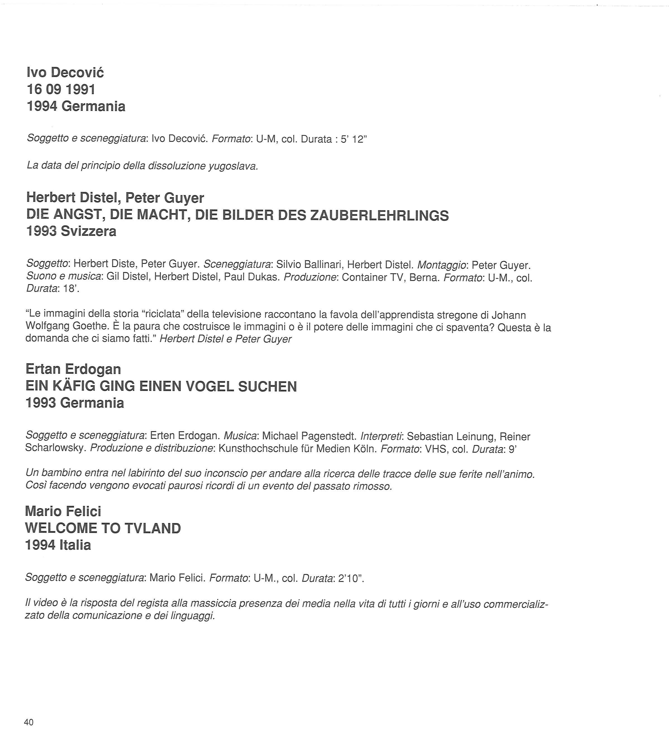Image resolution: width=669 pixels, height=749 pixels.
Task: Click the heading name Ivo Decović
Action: tap(65, 72)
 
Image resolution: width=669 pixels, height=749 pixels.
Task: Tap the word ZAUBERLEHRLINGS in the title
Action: tap(379, 215)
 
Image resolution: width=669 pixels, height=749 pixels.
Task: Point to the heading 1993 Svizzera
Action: tap(71, 231)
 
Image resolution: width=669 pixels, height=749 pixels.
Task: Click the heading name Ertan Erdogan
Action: tap(73, 369)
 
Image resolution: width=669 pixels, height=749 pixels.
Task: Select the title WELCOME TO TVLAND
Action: tap(103, 528)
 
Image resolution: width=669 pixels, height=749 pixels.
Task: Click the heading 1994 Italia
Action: tap(58, 545)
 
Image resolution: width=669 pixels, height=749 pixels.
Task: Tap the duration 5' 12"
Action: tap(354, 139)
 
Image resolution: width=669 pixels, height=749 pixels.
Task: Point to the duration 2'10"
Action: tap(350, 578)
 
